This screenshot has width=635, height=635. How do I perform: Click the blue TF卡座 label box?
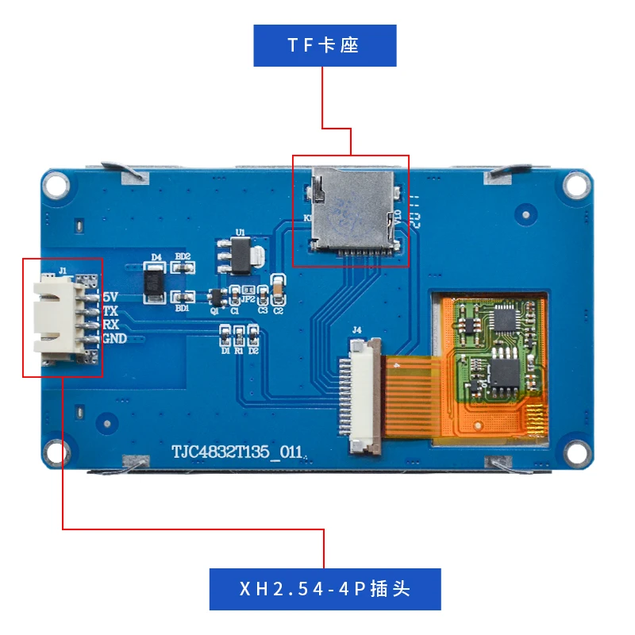click(x=324, y=45)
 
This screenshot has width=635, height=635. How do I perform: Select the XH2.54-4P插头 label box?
click(x=324, y=589)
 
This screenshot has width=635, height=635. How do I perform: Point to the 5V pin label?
click(x=110, y=298)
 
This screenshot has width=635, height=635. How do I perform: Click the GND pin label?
click(x=115, y=339)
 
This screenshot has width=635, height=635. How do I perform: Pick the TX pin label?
click(x=111, y=311)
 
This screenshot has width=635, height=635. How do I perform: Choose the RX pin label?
click(x=111, y=325)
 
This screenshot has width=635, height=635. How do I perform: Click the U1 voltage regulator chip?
click(x=241, y=256)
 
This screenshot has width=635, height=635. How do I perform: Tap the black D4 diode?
click(x=155, y=284)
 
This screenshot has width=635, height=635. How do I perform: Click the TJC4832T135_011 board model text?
click(x=239, y=451)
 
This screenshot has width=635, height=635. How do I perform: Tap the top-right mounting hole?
click(x=577, y=184)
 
